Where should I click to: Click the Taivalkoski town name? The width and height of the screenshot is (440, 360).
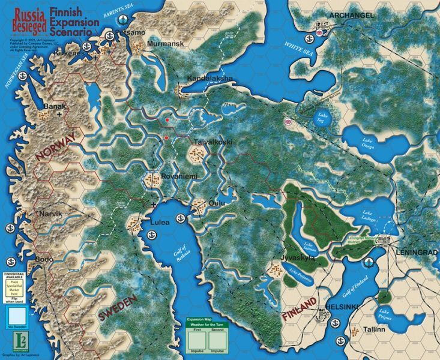212,142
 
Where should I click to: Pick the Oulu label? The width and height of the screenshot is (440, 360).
216,203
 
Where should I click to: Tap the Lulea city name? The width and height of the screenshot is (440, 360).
160,221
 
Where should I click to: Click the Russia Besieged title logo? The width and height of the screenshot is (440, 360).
23,19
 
